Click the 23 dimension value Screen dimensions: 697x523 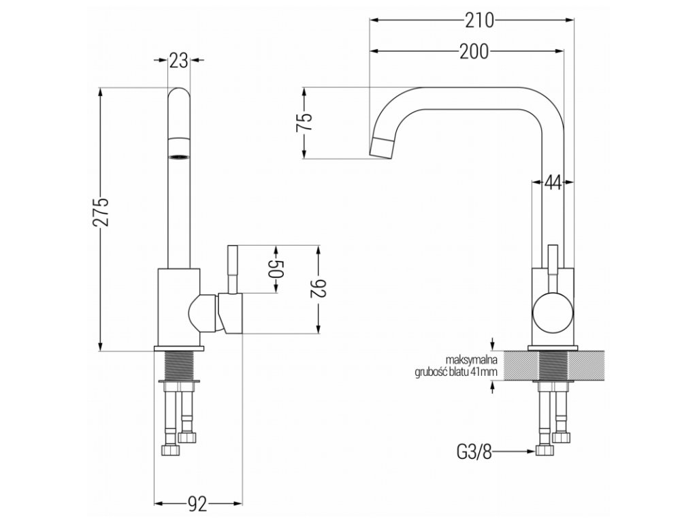[x=178, y=61]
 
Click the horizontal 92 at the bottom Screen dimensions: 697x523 [x=197, y=504]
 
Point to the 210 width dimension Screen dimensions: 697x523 [x=479, y=20]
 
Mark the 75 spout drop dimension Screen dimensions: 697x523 [x=304, y=123]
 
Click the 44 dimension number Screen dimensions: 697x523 [x=552, y=183]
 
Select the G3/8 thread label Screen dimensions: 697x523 [x=473, y=451]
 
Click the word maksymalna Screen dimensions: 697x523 [x=474, y=360]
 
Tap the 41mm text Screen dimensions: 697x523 [x=487, y=371]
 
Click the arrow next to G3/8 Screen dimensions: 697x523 [x=515, y=451]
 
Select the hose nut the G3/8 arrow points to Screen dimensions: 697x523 [x=544, y=450]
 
